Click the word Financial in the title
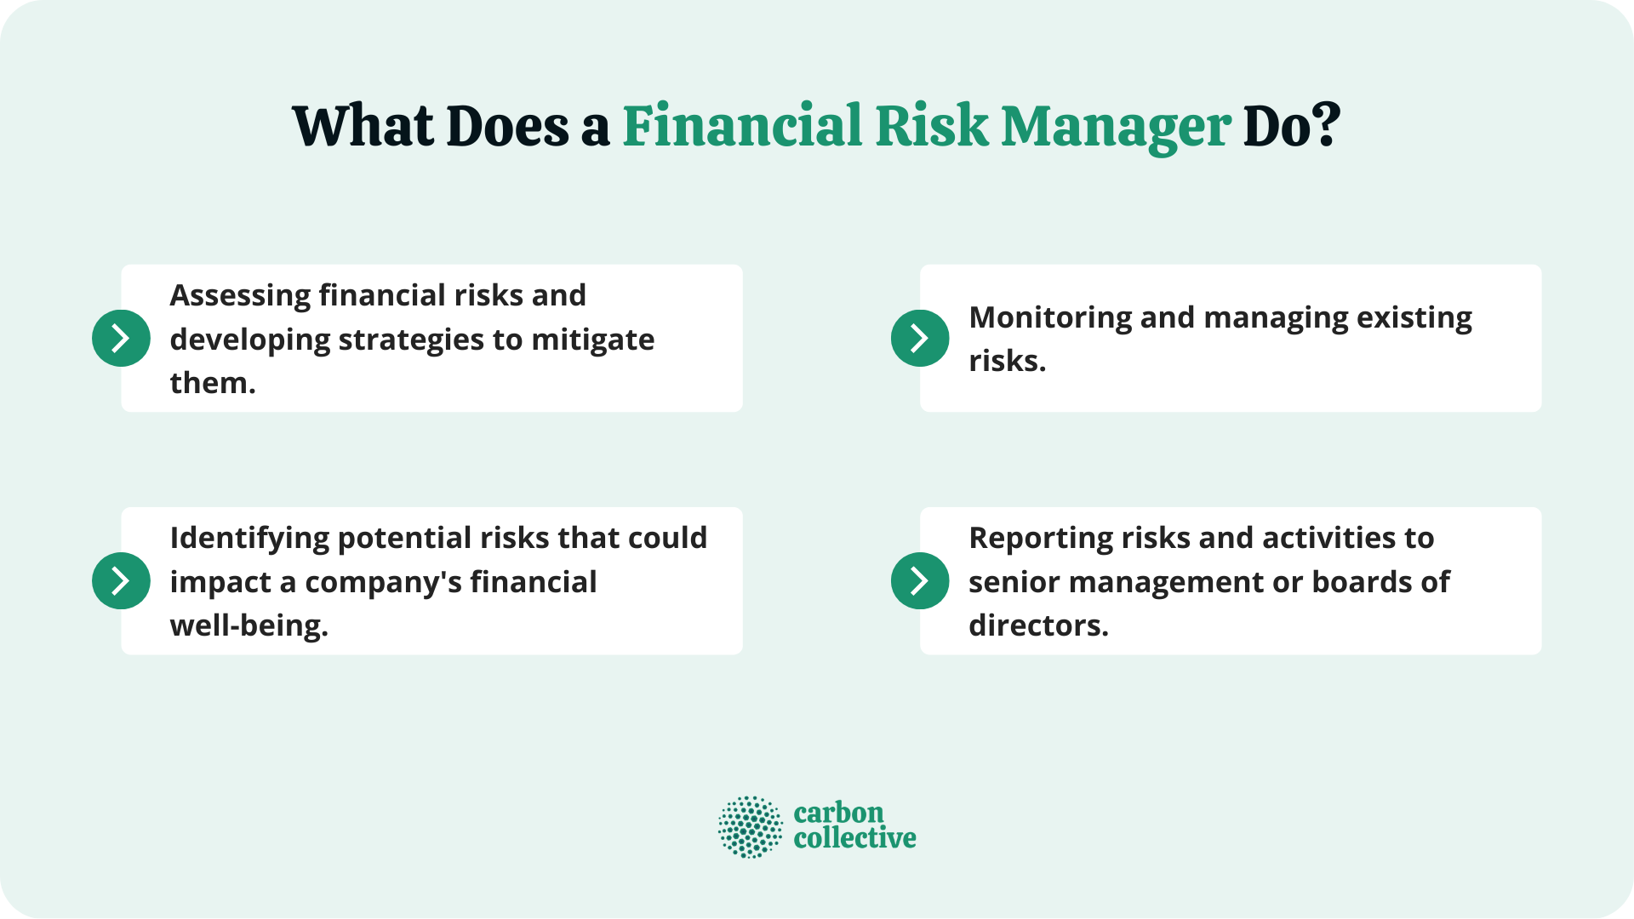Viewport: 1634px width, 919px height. click(742, 126)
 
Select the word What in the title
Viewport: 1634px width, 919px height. click(363, 126)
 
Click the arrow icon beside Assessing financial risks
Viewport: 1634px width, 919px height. click(121, 338)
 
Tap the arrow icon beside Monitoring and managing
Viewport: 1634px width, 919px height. click(920, 338)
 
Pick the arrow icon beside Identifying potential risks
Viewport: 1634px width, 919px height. click(121, 580)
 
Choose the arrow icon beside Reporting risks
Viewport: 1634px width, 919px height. click(920, 580)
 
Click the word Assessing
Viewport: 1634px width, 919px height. click(241, 295)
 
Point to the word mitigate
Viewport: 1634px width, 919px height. click(592, 340)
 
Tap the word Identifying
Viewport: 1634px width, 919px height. click(249, 538)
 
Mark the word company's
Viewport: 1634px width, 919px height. click(383, 582)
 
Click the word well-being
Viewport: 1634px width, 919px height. click(249, 625)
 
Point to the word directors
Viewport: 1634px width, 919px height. click(1038, 625)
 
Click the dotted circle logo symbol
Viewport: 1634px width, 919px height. click(750, 826)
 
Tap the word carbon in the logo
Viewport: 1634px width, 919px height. click(838, 813)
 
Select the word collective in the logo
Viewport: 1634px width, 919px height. click(854, 838)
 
